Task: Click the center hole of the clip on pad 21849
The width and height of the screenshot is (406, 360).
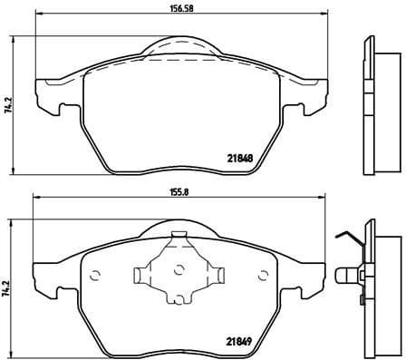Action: [x=179, y=269]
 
